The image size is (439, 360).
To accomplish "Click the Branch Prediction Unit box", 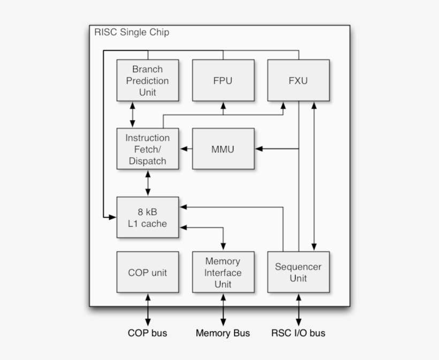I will click(x=148, y=81).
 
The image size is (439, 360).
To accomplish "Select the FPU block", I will click(x=223, y=81).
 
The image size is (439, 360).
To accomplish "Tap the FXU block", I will click(x=298, y=81).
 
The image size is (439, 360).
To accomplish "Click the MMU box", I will click(x=223, y=149).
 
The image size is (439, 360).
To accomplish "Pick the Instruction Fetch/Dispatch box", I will click(x=148, y=149).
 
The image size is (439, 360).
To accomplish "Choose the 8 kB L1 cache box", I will click(x=148, y=217).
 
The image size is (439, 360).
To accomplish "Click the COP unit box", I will click(x=148, y=272).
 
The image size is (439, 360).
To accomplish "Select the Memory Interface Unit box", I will click(x=223, y=272).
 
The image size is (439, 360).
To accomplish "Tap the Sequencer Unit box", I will click(x=298, y=272).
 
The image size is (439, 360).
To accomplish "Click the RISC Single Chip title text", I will click(x=132, y=32).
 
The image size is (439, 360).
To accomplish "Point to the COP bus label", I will click(x=147, y=333).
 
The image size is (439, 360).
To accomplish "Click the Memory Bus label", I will click(x=223, y=333).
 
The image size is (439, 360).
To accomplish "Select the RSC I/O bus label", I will click(x=298, y=333).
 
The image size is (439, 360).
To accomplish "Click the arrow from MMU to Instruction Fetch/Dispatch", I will click(x=186, y=149).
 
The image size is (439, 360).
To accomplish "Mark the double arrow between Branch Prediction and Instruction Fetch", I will click(x=132, y=114).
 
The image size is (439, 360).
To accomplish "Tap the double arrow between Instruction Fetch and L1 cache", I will click(x=148, y=183).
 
